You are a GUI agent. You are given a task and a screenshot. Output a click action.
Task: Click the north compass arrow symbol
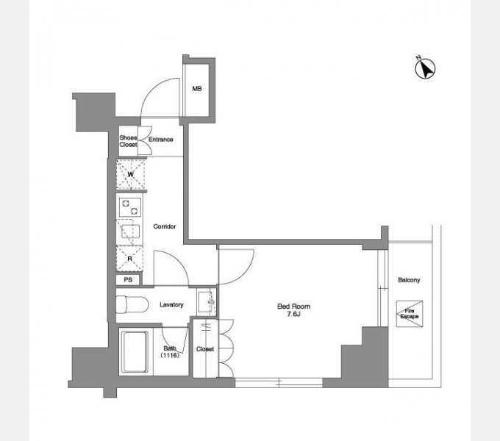425,68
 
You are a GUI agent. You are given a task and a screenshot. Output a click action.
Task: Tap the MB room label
197,89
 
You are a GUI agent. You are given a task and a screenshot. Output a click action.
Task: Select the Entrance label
161,140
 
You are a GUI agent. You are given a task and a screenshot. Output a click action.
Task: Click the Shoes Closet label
128,141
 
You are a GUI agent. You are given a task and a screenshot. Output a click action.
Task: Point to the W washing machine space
130,174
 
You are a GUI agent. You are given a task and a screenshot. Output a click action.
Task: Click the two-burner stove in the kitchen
130,207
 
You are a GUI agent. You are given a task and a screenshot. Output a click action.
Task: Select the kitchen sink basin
130,232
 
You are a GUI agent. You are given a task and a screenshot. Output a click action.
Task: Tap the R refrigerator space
129,259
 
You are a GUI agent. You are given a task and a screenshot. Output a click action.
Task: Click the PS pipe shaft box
128,280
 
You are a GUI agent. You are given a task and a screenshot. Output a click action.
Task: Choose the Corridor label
165,226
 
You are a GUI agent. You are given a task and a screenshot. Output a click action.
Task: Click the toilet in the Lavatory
132,304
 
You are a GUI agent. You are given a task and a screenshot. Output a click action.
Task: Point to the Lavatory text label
171,304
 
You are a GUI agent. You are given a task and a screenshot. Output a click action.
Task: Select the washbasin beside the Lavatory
207,302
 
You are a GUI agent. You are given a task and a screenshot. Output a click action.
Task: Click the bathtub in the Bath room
135,352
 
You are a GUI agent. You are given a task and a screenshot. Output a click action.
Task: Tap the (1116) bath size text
170,355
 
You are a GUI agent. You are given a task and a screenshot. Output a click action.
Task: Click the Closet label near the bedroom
205,349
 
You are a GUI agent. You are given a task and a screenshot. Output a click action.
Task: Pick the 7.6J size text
293,314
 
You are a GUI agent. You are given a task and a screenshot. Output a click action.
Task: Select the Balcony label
409,280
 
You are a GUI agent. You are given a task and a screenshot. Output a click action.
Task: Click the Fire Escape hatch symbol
410,314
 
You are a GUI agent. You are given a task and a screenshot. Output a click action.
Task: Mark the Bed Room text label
293,306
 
